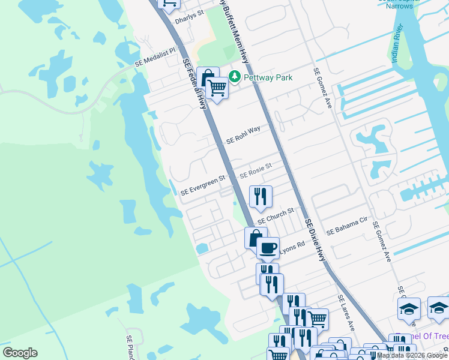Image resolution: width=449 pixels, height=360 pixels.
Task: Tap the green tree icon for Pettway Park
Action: point(234,77)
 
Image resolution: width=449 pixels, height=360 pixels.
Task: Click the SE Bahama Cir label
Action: point(346,226)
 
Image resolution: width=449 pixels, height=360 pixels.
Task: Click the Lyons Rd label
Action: point(292,247)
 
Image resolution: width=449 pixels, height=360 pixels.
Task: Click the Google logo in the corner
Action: point(19,353)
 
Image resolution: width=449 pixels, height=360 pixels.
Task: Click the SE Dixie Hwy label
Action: point(316,239)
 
